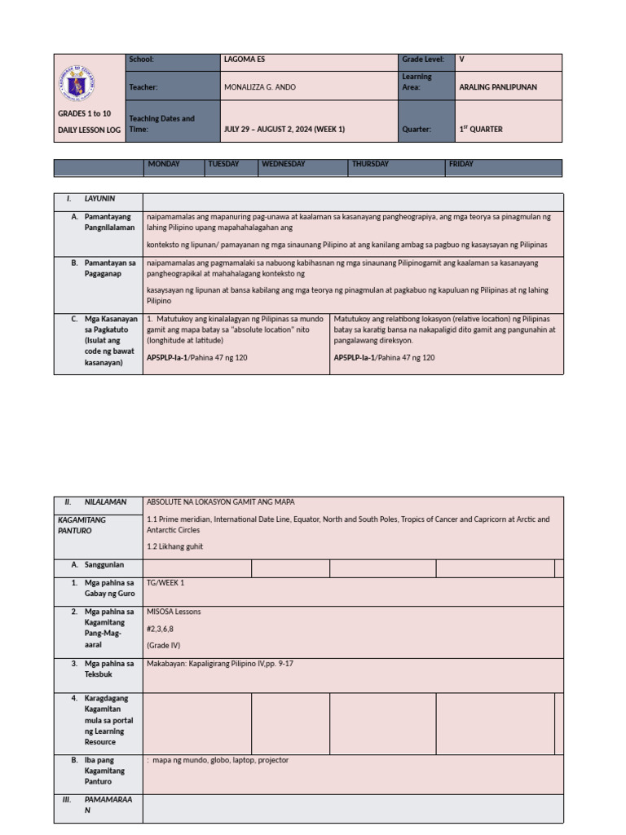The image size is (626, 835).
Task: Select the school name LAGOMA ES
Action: coord(244,60)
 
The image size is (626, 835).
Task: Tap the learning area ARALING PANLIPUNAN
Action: coord(498,87)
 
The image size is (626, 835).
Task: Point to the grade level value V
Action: coord(462,60)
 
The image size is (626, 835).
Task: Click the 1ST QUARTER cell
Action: coord(481,129)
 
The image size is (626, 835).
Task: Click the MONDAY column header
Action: coord(164,165)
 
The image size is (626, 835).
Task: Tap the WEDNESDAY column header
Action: coord(283,165)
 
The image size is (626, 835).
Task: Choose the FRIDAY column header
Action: coord(461,165)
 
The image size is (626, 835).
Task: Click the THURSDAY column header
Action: coord(370,165)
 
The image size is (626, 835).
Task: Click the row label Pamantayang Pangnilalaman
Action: coord(109,223)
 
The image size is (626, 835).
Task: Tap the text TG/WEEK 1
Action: coord(165,583)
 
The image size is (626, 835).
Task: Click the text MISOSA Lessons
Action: coord(174,612)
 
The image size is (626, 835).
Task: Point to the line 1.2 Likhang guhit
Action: coord(175,546)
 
